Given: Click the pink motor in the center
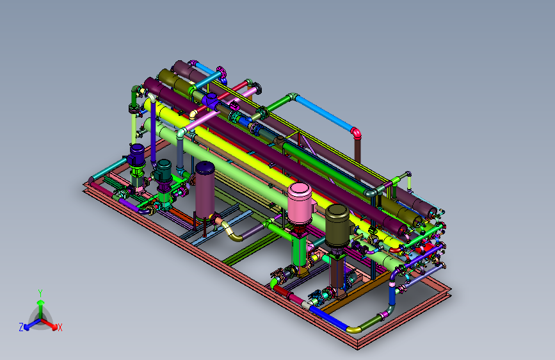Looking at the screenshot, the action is point(300,204).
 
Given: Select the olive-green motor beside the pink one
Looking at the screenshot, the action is point(337,225).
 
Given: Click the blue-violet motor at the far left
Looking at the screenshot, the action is point(136,155).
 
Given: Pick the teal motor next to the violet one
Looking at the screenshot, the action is point(163,170).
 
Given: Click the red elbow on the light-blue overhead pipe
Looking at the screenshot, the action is point(356,132).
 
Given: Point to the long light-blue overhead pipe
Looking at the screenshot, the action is point(324,113).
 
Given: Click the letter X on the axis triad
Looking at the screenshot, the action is point(60,328).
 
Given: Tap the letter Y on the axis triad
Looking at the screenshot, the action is point(40,293).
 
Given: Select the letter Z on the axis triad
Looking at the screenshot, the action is point(21,327).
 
